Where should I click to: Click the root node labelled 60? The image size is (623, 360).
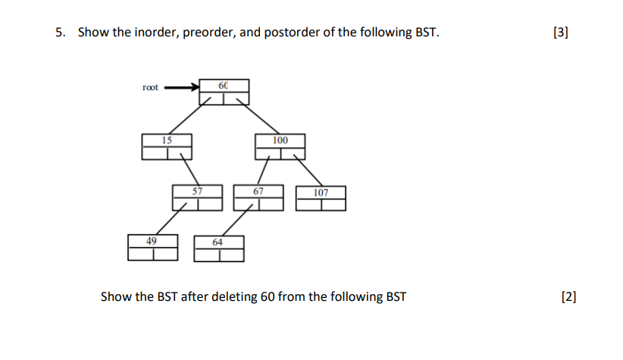(x=223, y=92)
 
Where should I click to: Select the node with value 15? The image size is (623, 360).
(x=166, y=146)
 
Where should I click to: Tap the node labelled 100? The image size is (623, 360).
(x=280, y=146)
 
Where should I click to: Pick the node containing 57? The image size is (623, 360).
(x=197, y=197)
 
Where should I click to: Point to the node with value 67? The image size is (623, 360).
(x=258, y=197)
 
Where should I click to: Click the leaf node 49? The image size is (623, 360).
(x=152, y=247)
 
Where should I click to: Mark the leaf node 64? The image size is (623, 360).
(x=218, y=248)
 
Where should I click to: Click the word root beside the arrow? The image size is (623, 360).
(x=150, y=87)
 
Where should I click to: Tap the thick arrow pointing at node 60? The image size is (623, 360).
(x=180, y=86)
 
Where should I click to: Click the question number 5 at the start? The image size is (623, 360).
(x=60, y=33)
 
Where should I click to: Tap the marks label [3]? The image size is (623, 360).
(x=561, y=33)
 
